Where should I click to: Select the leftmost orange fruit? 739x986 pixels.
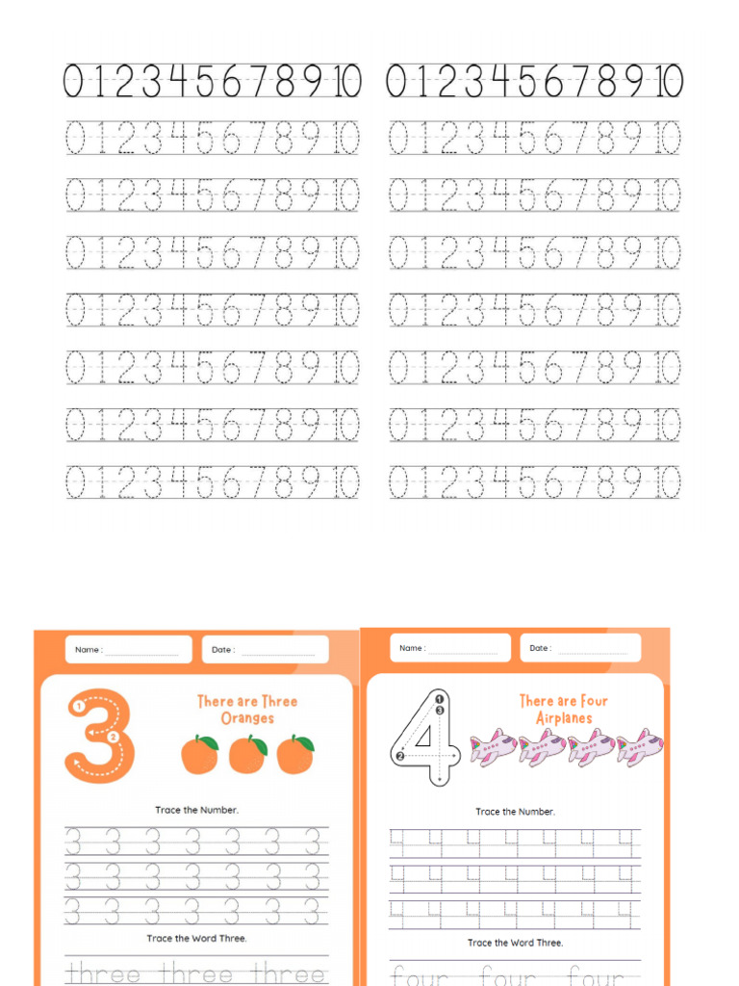click(x=199, y=754)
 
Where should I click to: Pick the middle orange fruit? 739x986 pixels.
click(x=247, y=754)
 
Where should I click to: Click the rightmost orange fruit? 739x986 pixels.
click(x=295, y=754)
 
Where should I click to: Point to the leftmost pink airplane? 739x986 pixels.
click(x=494, y=747)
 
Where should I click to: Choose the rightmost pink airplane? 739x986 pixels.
click(x=640, y=747)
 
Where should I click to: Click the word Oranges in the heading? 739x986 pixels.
click(x=247, y=718)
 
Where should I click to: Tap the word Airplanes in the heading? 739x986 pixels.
click(x=563, y=718)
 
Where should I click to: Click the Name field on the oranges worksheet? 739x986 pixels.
click(x=129, y=650)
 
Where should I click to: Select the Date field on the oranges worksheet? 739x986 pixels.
click(x=265, y=650)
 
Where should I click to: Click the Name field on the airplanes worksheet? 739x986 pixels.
click(x=450, y=648)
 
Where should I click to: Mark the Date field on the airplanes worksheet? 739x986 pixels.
click(x=580, y=648)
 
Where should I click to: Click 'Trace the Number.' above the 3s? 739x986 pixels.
click(x=196, y=810)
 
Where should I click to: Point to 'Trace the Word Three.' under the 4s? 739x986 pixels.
click(x=515, y=943)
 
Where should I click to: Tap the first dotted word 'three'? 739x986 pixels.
click(x=104, y=973)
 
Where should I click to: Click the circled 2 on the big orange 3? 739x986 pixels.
click(x=114, y=738)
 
